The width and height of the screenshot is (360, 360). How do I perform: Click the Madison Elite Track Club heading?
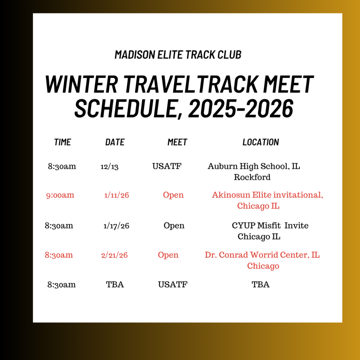tap(178, 54)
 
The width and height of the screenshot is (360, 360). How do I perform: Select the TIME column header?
tap(63, 142)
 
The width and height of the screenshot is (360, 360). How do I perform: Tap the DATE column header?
tap(115, 142)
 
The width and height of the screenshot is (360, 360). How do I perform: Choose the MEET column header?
tap(177, 142)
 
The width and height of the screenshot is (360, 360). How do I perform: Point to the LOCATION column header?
tap(261, 142)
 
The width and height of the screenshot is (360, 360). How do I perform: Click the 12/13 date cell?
tap(109, 166)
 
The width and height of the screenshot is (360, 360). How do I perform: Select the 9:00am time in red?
tap(60, 195)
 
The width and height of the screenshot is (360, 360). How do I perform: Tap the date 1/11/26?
tap(117, 195)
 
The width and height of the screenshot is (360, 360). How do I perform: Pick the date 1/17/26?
tap(116, 226)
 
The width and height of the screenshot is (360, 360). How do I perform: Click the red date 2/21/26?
tap(114, 255)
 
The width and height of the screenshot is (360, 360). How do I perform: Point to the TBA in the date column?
tap(115, 284)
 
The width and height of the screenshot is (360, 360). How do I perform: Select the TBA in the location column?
tap(261, 284)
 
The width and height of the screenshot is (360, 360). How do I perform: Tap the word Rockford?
tap(252, 177)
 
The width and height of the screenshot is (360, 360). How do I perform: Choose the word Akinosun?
tap(231, 195)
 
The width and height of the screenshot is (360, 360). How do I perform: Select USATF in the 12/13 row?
tap(167, 166)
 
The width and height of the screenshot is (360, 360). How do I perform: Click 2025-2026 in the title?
tap(240, 108)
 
